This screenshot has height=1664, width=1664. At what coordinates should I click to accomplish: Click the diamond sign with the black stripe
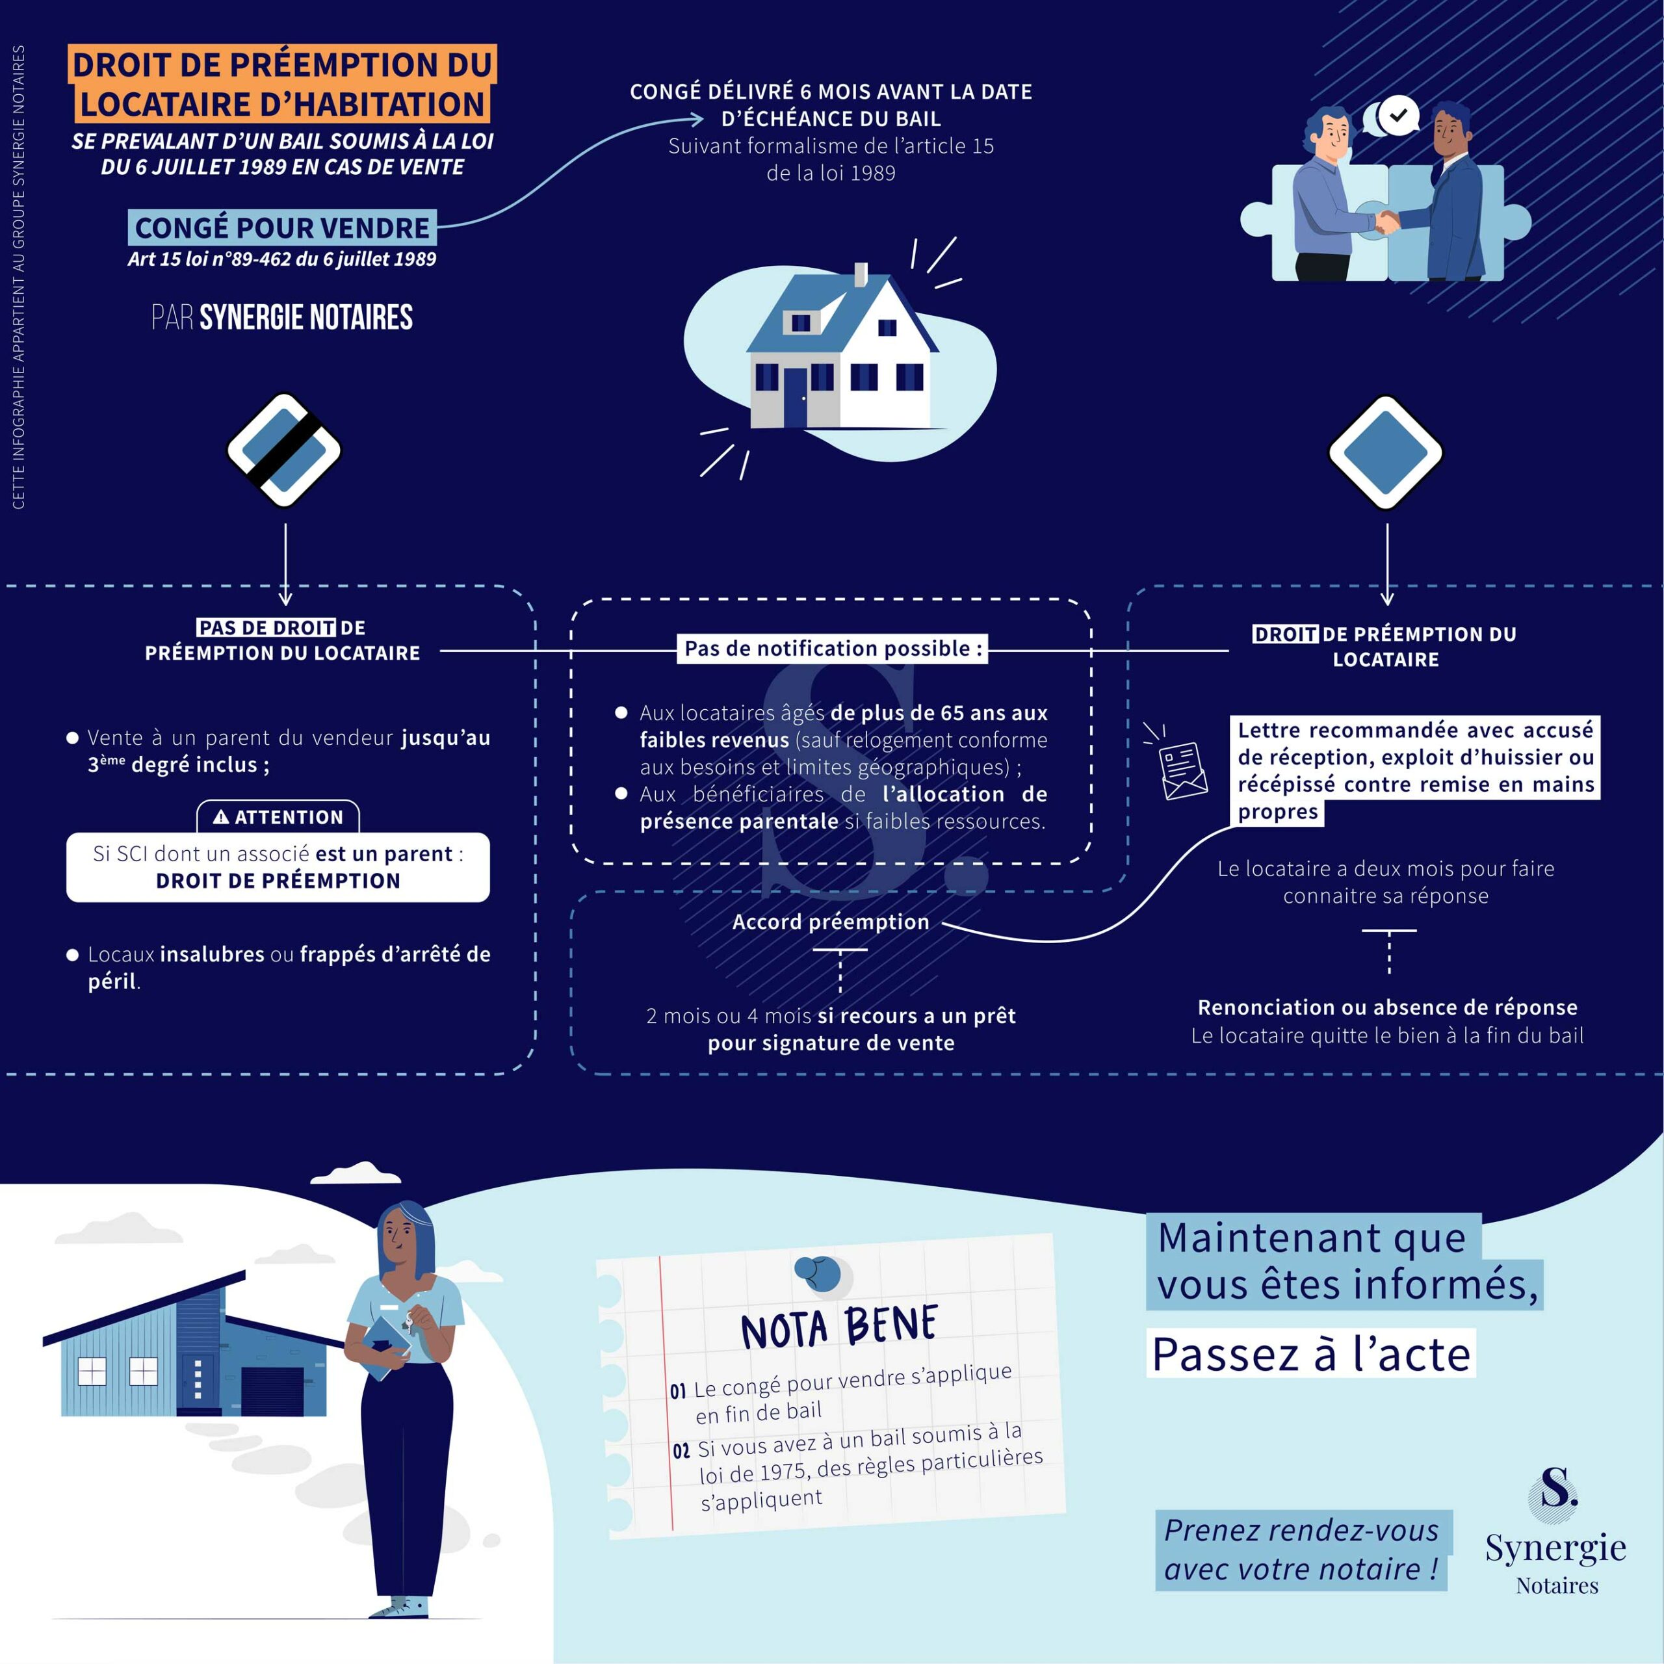pos(284,450)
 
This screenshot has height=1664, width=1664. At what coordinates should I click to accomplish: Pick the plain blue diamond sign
pos(1385,452)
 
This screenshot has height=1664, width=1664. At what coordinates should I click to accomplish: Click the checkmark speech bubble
pos(1397,114)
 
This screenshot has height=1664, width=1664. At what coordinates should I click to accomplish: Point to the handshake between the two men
pos(1386,222)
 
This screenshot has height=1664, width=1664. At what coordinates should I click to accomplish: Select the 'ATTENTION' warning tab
pos(278,817)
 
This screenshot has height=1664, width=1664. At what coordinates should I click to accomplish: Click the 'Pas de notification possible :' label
pos(832,649)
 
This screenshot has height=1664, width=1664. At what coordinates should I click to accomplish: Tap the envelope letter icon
pos(1182,769)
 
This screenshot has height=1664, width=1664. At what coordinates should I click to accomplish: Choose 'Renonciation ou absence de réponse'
pos(1386,1007)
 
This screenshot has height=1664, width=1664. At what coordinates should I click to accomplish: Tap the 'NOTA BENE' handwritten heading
pos(839,1327)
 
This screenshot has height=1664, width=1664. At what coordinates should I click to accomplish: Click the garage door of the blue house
pos(272,1391)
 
